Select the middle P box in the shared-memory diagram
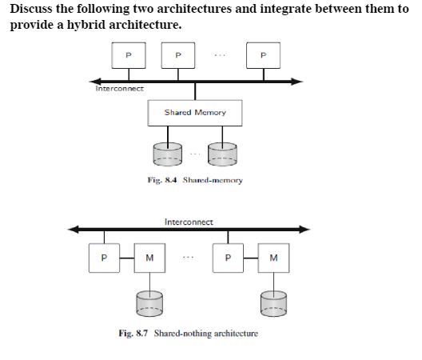tap(177, 55)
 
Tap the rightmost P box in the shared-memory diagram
tap(263, 55)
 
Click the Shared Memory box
tap(195, 113)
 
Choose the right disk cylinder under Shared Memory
tap(222, 153)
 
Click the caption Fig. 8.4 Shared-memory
tap(195, 181)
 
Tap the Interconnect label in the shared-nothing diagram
tap(189, 221)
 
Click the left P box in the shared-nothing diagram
tap(103, 258)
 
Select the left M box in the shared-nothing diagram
tap(149, 258)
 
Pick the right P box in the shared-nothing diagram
tap(229, 258)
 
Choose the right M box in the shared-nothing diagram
tap(274, 258)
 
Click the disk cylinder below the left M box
tap(149, 302)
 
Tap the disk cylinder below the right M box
tap(274, 302)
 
